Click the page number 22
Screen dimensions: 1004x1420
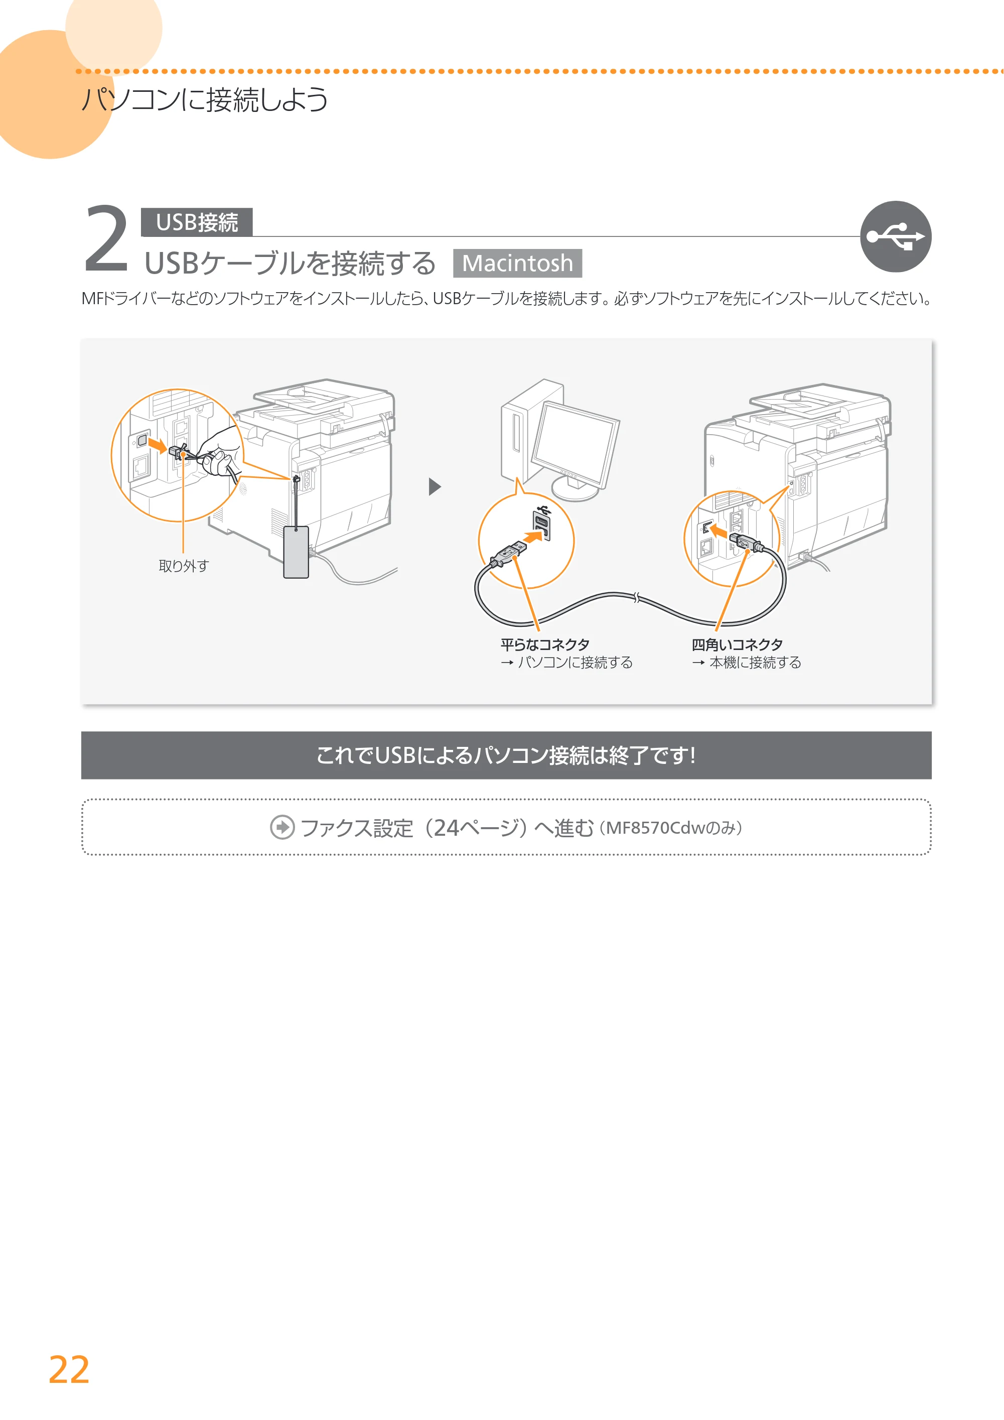click(69, 1370)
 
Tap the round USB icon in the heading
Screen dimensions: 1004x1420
click(895, 236)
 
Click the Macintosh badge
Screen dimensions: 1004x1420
click(517, 264)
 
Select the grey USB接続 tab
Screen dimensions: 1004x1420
click(197, 222)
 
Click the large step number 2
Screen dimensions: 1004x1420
click(106, 239)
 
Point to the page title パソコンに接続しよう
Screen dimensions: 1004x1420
click(205, 99)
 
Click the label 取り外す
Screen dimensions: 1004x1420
click(184, 566)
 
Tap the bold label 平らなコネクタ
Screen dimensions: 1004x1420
click(545, 644)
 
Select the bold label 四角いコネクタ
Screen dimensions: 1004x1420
click(737, 644)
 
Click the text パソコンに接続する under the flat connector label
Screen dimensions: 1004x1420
click(575, 663)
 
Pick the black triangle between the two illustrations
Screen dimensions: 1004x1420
click(435, 487)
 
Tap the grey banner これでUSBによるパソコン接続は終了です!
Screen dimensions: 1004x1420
click(506, 755)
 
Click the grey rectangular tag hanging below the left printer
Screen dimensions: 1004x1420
click(296, 552)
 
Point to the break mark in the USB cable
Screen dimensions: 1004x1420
click(637, 597)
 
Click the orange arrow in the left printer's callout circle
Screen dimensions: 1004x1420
click(158, 445)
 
